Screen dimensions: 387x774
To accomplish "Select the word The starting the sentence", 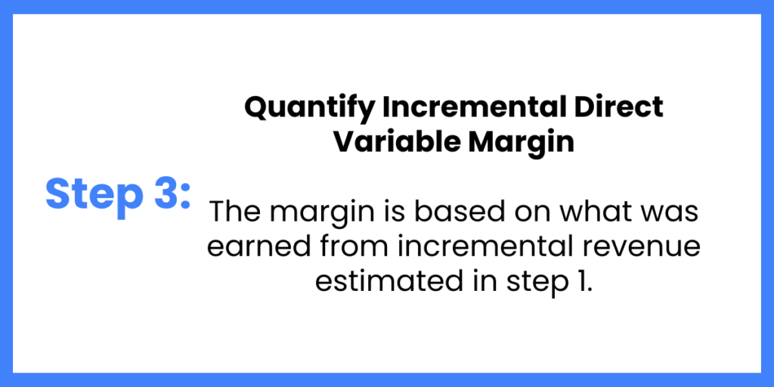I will click(234, 212).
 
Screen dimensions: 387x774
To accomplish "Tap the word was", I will click(671, 214).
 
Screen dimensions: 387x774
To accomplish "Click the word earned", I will click(249, 247).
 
